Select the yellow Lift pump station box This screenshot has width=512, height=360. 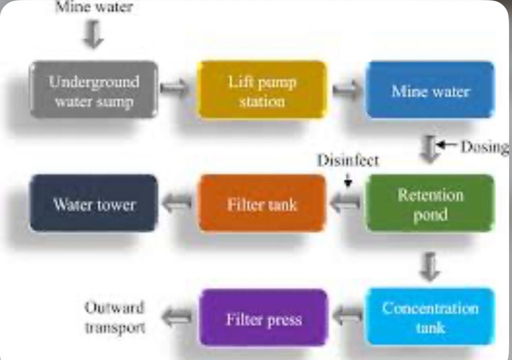262,90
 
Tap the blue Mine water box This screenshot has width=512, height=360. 430,90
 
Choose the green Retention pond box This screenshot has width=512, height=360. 430,204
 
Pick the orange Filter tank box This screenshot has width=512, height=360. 262,203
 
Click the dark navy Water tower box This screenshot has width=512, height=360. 94,203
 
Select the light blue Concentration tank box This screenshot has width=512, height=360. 430,316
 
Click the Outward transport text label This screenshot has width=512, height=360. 114,317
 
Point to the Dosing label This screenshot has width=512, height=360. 484,147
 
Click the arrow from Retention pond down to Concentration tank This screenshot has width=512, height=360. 429,266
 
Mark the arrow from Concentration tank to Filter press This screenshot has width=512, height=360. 347,316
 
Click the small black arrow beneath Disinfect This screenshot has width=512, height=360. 348,182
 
